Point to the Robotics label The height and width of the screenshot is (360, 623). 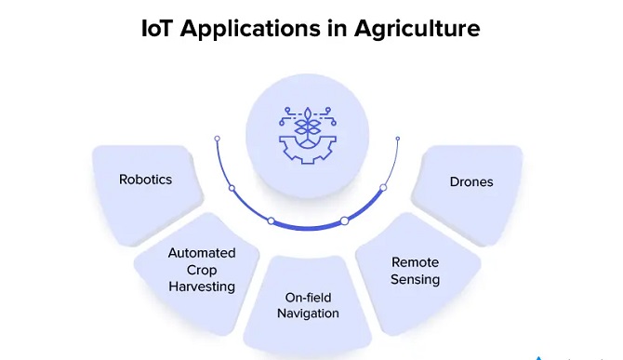point(146,180)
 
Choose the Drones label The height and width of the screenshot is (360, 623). point(471,181)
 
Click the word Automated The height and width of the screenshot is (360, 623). point(202,253)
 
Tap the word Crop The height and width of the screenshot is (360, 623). point(202,269)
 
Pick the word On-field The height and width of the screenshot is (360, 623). point(309,298)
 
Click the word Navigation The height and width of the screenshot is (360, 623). point(309,313)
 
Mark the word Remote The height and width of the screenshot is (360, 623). point(415,262)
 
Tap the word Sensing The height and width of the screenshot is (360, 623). point(415,278)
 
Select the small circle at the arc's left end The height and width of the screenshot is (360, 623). point(217,139)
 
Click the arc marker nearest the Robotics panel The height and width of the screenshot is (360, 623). point(232,189)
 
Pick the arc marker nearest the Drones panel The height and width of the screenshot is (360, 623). point(382,189)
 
